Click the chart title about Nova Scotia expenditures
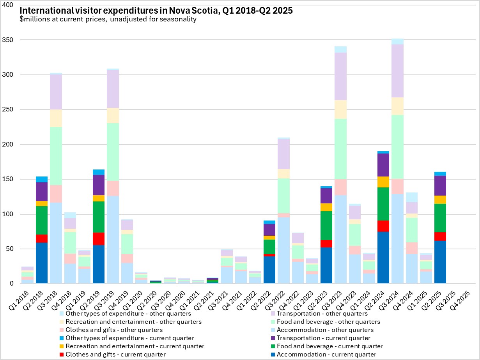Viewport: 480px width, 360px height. (156, 11)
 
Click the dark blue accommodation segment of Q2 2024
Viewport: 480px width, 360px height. (383, 258)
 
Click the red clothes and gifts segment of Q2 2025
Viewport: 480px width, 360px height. (440, 236)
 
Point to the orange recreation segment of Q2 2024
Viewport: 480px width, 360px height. (383, 182)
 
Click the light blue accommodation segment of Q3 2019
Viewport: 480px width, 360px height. (113, 240)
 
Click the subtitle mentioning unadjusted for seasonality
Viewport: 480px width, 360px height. (108, 19)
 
